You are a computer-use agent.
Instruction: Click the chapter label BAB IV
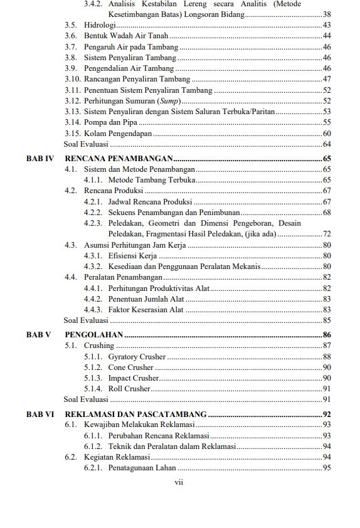click(40, 159)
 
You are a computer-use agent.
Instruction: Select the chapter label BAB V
click(38, 335)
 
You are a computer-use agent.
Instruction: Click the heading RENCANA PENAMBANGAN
click(119, 159)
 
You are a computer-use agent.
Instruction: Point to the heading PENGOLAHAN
click(94, 335)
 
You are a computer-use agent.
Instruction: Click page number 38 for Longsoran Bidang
click(326, 14)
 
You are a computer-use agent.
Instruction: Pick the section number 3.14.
click(73, 122)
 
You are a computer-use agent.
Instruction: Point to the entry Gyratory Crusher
click(137, 357)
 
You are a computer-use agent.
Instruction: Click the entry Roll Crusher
click(129, 389)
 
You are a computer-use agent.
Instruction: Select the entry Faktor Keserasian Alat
click(146, 309)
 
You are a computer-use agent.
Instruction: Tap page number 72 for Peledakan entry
click(326, 234)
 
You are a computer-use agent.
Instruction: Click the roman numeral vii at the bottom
click(179, 482)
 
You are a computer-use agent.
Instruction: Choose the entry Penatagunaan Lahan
click(142, 468)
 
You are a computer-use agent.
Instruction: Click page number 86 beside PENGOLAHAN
click(326, 335)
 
